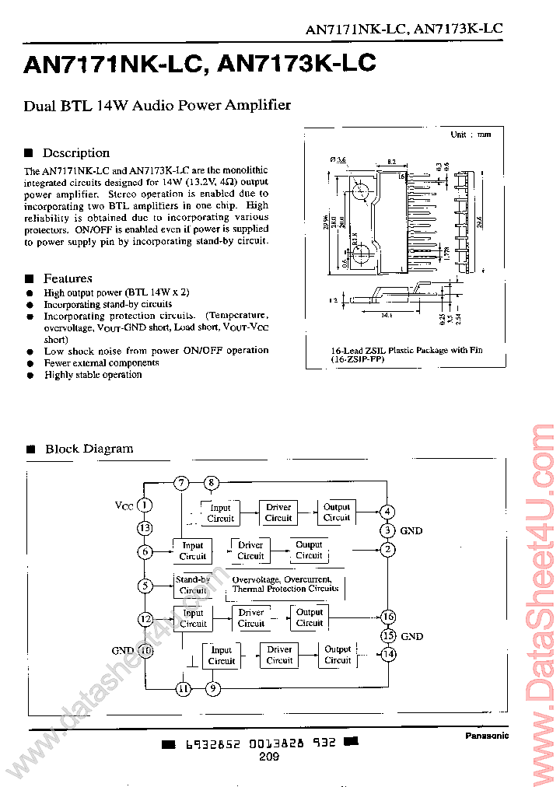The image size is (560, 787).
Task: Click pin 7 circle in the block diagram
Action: (x=181, y=483)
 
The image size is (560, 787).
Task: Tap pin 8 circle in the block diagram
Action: (x=211, y=483)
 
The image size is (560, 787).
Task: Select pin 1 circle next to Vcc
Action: (x=145, y=505)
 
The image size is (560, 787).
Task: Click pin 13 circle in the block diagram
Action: (x=145, y=529)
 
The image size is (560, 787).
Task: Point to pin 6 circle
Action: (x=145, y=551)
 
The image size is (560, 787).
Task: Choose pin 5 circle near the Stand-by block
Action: (x=145, y=586)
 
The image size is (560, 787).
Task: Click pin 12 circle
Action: (x=145, y=619)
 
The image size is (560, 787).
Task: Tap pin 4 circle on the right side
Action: (x=387, y=512)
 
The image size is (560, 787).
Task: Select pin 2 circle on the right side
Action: (x=387, y=551)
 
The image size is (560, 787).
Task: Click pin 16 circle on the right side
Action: (x=388, y=617)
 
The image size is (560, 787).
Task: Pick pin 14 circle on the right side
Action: (x=388, y=654)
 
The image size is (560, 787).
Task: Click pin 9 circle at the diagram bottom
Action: (x=212, y=688)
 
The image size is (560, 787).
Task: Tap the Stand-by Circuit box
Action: (x=193, y=585)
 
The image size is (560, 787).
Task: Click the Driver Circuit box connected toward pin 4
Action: (x=278, y=512)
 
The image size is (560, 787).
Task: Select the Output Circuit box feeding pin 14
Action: (x=338, y=655)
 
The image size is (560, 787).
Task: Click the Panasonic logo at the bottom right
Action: (x=487, y=736)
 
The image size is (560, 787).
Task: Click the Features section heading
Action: (x=68, y=278)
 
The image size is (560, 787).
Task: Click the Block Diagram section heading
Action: (x=89, y=449)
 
